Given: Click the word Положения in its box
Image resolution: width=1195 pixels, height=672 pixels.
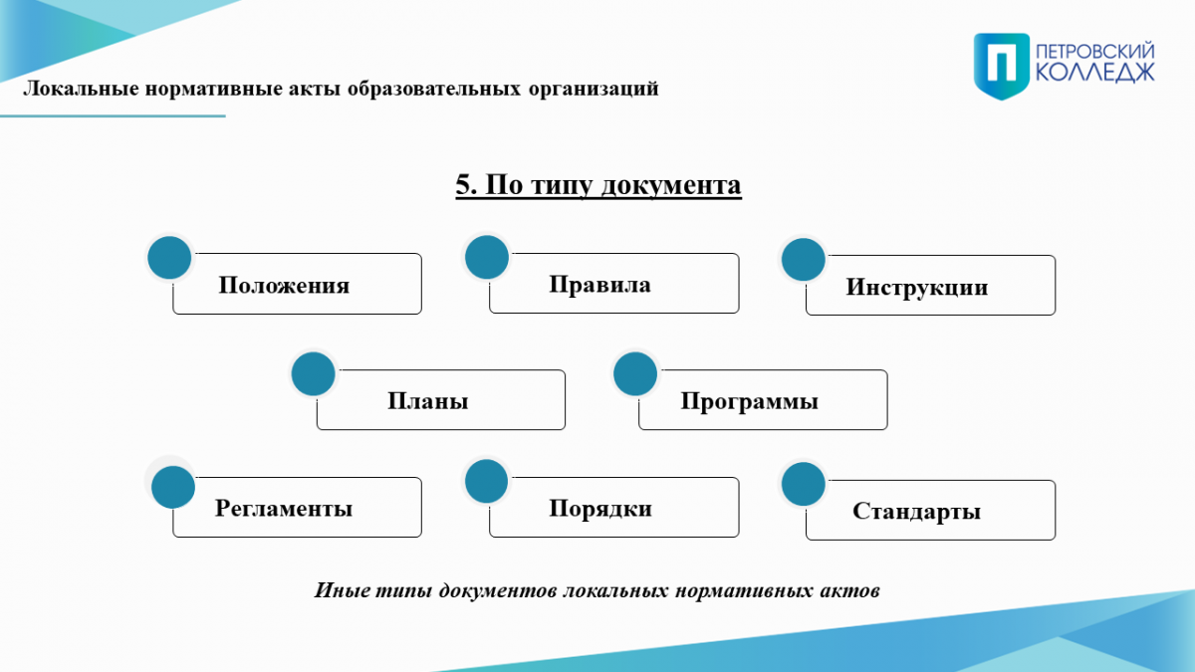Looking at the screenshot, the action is click(x=284, y=286).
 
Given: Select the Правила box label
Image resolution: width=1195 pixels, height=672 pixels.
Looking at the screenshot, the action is click(x=599, y=285).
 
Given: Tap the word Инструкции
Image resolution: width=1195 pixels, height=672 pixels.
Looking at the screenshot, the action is click(x=916, y=288).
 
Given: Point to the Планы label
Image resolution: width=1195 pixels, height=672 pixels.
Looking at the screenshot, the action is click(x=427, y=401).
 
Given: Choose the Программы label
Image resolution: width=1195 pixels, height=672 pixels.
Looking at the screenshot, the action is click(x=749, y=401).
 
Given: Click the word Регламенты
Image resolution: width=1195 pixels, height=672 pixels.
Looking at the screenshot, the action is click(x=283, y=509).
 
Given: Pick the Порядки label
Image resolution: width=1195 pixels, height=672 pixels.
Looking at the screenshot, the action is click(x=600, y=509).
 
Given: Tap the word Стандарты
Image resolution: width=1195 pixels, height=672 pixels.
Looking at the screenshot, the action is click(x=916, y=511).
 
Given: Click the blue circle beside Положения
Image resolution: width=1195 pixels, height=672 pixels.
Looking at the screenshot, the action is click(x=169, y=258).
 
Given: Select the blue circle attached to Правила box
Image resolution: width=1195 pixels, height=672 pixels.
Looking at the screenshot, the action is click(x=487, y=257).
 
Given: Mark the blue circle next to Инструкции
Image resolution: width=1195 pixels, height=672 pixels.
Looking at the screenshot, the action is click(x=804, y=260).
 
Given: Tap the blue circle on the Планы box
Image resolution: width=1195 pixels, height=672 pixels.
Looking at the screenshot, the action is click(x=313, y=374).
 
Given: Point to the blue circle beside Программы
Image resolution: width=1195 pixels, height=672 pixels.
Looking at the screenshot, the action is click(x=635, y=374).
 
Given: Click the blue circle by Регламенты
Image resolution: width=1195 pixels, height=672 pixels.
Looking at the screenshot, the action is click(x=173, y=488).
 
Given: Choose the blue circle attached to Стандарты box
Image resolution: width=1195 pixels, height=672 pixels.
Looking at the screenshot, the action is click(x=804, y=484).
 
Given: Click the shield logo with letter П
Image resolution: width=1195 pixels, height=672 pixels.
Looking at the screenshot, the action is click(x=1002, y=66).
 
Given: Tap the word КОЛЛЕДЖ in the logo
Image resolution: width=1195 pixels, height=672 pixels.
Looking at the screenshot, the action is click(x=1095, y=72).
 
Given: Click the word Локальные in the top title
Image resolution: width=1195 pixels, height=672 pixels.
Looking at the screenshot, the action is click(x=81, y=89).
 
